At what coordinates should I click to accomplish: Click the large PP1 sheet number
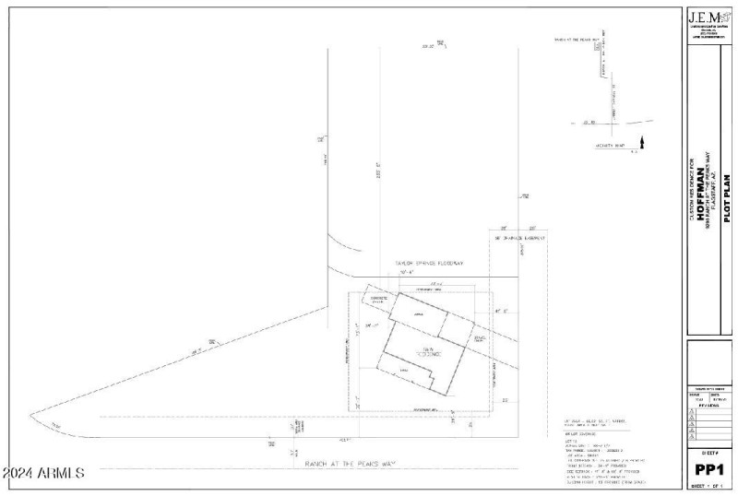click(708, 470)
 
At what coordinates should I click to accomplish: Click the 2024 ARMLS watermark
click(43, 473)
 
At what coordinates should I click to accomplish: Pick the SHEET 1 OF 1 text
click(708, 486)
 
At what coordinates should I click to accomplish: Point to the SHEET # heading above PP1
click(708, 454)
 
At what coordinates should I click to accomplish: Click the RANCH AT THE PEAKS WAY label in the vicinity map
click(577, 40)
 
